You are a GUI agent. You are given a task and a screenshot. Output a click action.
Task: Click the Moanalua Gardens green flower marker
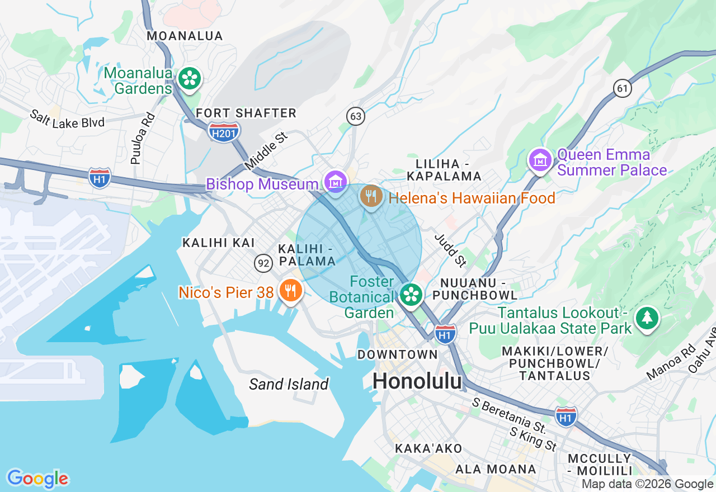coord(189,78)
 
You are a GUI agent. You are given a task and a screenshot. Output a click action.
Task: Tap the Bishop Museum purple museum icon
coord(335,182)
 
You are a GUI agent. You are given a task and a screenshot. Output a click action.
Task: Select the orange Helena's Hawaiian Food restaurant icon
coord(370,196)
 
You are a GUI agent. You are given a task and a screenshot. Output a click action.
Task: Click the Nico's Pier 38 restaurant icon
coord(290,291)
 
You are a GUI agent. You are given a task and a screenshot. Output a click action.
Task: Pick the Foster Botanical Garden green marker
coord(411,294)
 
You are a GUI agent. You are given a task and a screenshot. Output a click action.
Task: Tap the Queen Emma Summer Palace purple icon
coord(540,161)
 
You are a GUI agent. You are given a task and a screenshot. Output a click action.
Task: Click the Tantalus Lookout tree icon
coord(647,318)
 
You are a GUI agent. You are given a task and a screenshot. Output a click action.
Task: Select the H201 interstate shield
coord(224,133)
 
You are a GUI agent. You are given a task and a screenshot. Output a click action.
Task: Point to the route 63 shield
coord(355,116)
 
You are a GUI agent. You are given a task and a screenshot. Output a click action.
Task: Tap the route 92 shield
coord(263,263)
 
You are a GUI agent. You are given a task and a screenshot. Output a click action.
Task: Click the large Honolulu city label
coord(417,381)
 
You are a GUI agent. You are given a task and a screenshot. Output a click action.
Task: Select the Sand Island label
coord(289,384)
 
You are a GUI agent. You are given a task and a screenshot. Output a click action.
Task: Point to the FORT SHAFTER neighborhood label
coord(246,113)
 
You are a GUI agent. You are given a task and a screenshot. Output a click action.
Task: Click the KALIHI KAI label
coord(219,243)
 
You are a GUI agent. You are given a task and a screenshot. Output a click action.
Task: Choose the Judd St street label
coord(451,250)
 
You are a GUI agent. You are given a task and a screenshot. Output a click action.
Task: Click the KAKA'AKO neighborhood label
coord(428,448)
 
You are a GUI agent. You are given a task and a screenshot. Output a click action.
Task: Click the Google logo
coord(38,479)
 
